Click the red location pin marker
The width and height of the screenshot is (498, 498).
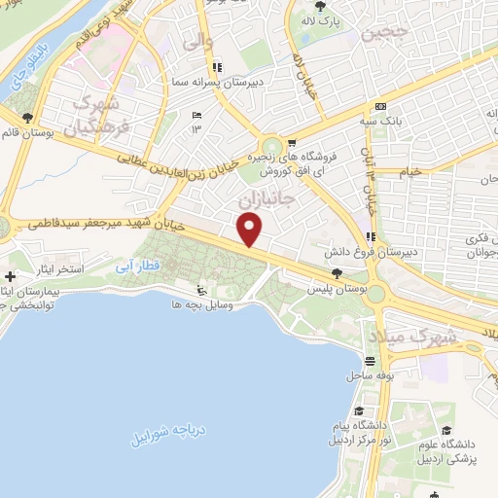(250, 230)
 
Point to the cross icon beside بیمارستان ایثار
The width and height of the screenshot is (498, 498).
(10, 275)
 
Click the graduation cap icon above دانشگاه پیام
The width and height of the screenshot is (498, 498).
(359, 412)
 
